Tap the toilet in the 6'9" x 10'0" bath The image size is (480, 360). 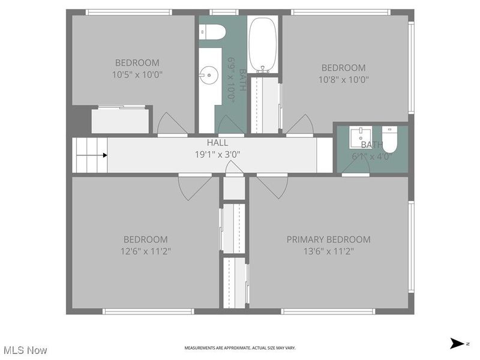coord(213,32)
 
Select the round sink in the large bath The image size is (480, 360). coord(209,76)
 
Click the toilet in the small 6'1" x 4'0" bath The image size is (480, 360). coord(391,139)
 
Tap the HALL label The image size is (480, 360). coord(217,143)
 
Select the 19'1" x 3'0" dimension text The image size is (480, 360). coord(217,154)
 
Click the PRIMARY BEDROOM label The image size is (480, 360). coord(328,239)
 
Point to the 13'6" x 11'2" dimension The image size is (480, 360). coord(328,251)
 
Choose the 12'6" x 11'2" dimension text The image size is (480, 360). coord(146,251)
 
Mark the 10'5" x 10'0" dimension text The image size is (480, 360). coord(137,74)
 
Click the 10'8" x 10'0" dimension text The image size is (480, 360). coord(343,79)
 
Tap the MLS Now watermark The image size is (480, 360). coord(25,349)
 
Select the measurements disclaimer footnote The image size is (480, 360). coord(239,348)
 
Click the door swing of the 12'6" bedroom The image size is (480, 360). coord(191,187)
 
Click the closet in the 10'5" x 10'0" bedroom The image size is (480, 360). coord(120,121)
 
